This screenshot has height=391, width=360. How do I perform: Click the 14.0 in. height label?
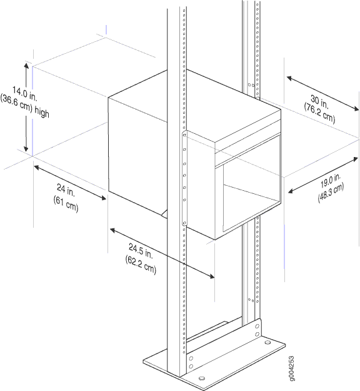tap(25, 93)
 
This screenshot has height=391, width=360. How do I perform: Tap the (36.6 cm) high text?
tap(24, 107)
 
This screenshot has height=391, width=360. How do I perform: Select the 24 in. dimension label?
tap(66, 190)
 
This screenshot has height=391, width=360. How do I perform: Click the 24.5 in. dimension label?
tap(141, 251)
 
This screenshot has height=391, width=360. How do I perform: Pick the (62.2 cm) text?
tap(141, 265)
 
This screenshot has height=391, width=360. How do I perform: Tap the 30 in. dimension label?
tap(319, 102)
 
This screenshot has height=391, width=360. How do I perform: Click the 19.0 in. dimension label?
tap(331, 181)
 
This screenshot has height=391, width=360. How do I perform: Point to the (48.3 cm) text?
tap(331, 193)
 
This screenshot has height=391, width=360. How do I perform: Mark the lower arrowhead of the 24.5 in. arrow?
tap(211, 276)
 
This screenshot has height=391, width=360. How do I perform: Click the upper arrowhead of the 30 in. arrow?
tap(289, 78)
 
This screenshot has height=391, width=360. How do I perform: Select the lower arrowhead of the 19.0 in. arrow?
tap(291, 191)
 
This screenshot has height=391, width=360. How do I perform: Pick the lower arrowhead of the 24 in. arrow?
tap(103, 198)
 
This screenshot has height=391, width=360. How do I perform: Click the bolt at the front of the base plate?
tap(202, 378)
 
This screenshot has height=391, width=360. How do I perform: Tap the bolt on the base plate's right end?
tap(267, 342)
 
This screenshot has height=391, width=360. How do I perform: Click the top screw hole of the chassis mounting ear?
tap(184, 135)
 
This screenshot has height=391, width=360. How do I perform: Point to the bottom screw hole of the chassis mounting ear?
tap(184, 223)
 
